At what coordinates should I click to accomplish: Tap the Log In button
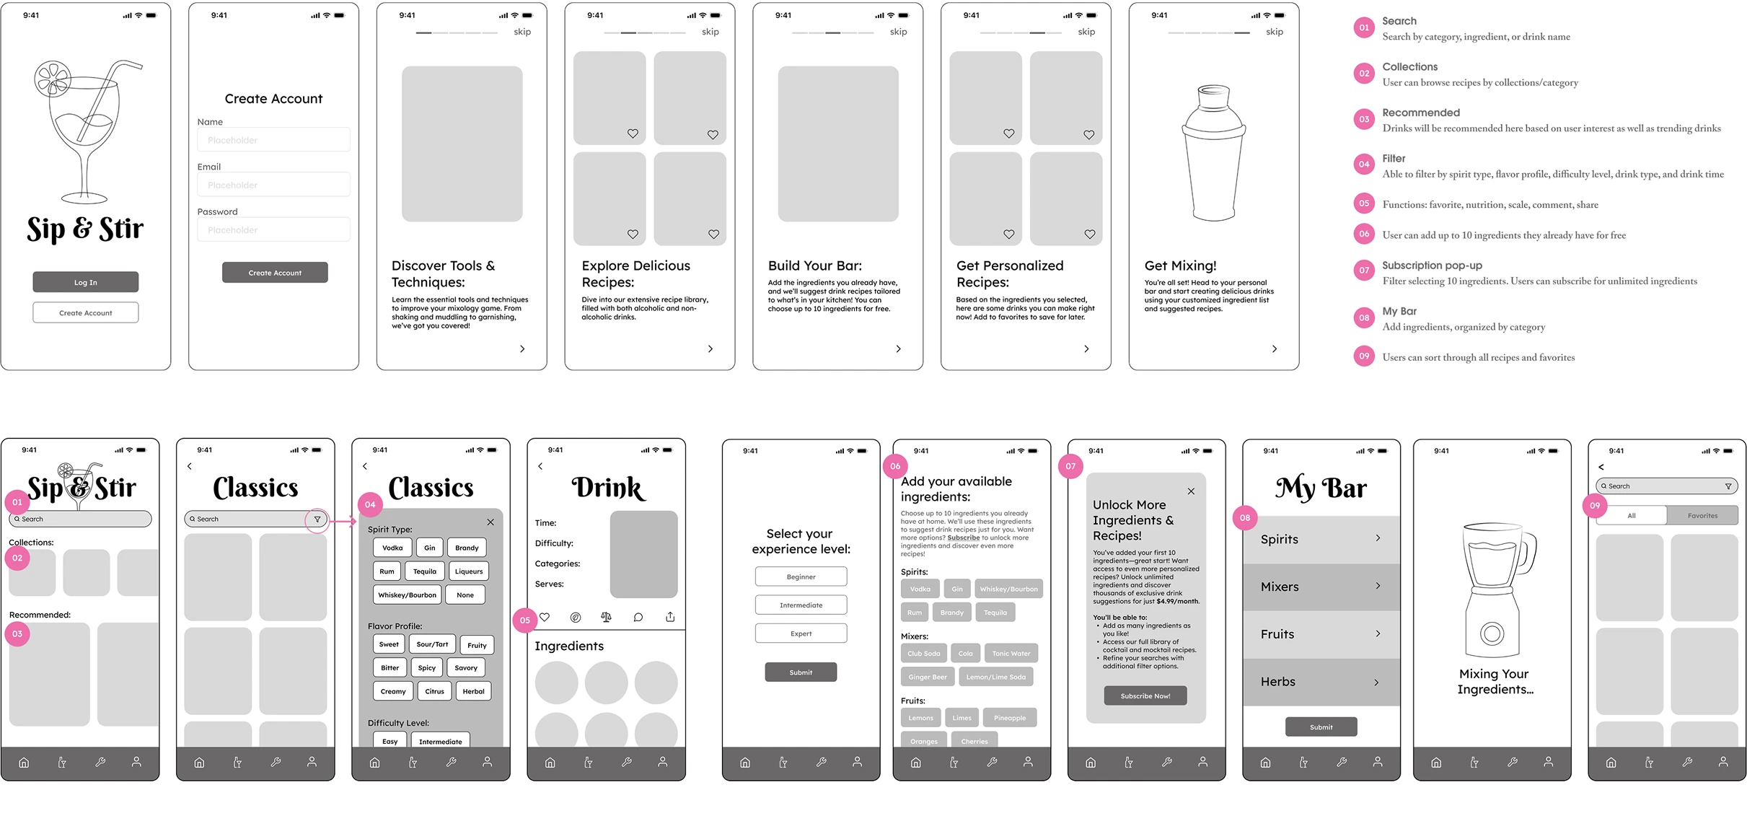pos(85,282)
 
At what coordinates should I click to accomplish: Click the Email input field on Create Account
pos(273,185)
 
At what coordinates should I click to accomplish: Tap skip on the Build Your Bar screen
pos(898,32)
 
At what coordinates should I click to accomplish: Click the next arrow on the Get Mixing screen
pos(1274,348)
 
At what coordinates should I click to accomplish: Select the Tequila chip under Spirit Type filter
pos(424,571)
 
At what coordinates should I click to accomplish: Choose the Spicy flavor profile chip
pos(426,668)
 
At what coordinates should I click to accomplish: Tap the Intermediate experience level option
pos(801,605)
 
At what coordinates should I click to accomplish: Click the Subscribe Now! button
pos(1145,696)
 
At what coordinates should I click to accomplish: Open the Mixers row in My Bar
pos(1320,587)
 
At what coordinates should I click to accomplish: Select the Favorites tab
pos(1702,516)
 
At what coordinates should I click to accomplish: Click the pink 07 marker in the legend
pos(1363,271)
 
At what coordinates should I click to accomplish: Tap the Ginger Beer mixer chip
pos(928,677)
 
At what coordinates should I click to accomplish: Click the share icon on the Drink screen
pos(670,617)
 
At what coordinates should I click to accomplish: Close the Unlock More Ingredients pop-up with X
pos(1191,491)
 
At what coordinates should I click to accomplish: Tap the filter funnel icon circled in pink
pos(317,519)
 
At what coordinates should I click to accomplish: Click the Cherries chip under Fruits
pos(974,741)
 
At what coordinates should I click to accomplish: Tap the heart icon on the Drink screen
pos(545,617)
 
